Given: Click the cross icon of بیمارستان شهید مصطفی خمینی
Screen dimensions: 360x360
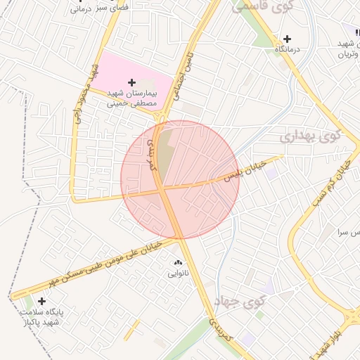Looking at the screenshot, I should (x=131, y=83).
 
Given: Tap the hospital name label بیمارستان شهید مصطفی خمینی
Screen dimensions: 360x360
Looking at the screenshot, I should (x=136, y=97).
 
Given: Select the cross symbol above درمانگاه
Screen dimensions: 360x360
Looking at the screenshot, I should (x=287, y=39).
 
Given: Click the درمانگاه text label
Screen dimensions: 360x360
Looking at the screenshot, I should (x=287, y=50).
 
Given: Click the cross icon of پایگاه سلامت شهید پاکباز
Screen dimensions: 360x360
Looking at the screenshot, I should (x=42, y=301).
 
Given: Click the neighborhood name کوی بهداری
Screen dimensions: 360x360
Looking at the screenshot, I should (x=310, y=136).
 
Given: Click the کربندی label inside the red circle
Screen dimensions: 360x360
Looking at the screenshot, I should (x=152, y=150).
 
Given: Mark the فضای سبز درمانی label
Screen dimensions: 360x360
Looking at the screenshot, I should (x=88, y=10).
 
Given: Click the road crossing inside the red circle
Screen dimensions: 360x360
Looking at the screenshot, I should (x=162, y=189).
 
